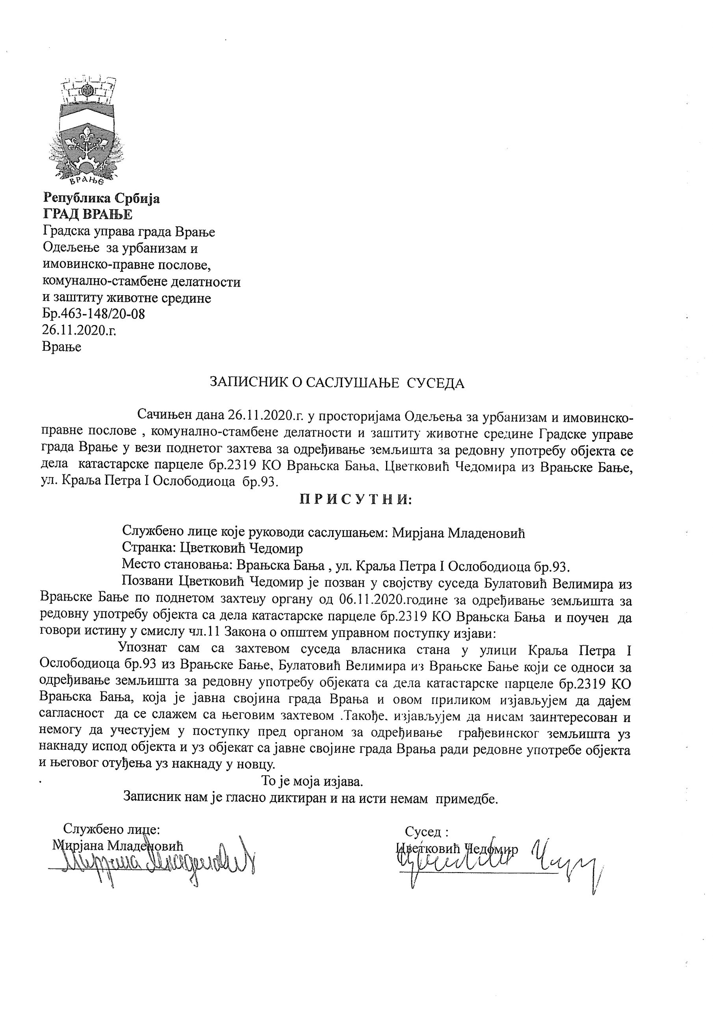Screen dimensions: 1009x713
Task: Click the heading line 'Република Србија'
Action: (x=101, y=199)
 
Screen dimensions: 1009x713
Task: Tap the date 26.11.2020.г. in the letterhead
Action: (x=79, y=330)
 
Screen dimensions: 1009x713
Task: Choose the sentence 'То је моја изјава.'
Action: (x=312, y=781)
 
